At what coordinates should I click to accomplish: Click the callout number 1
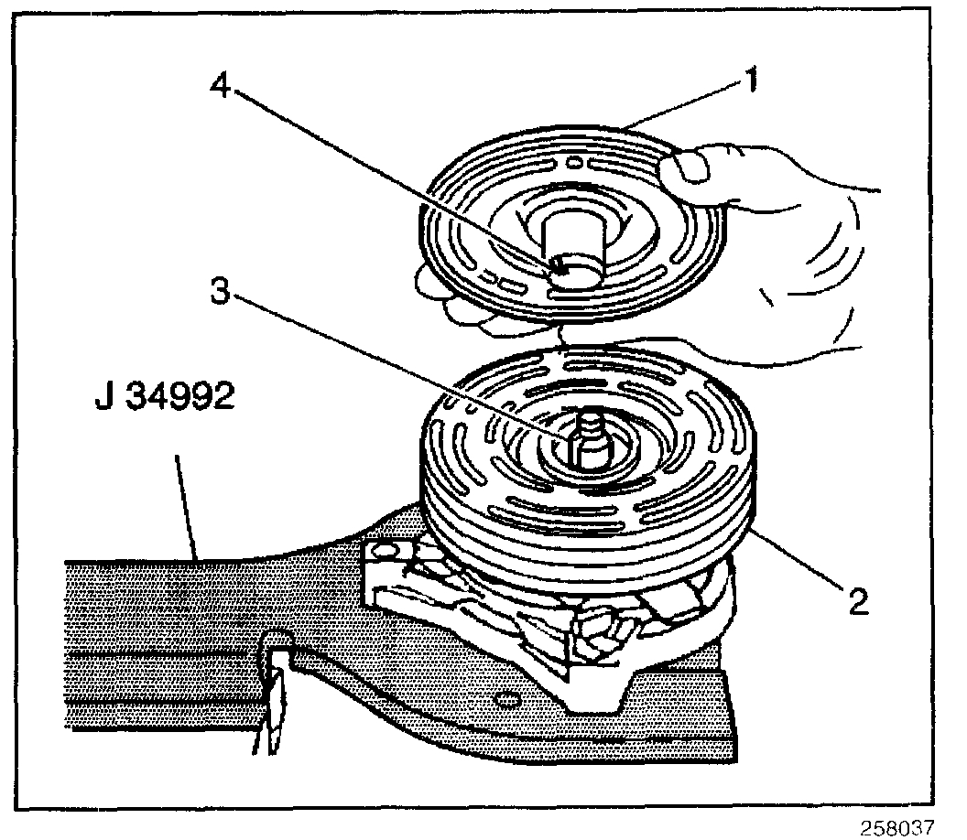[749, 81]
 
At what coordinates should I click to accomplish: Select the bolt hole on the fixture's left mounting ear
[383, 550]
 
